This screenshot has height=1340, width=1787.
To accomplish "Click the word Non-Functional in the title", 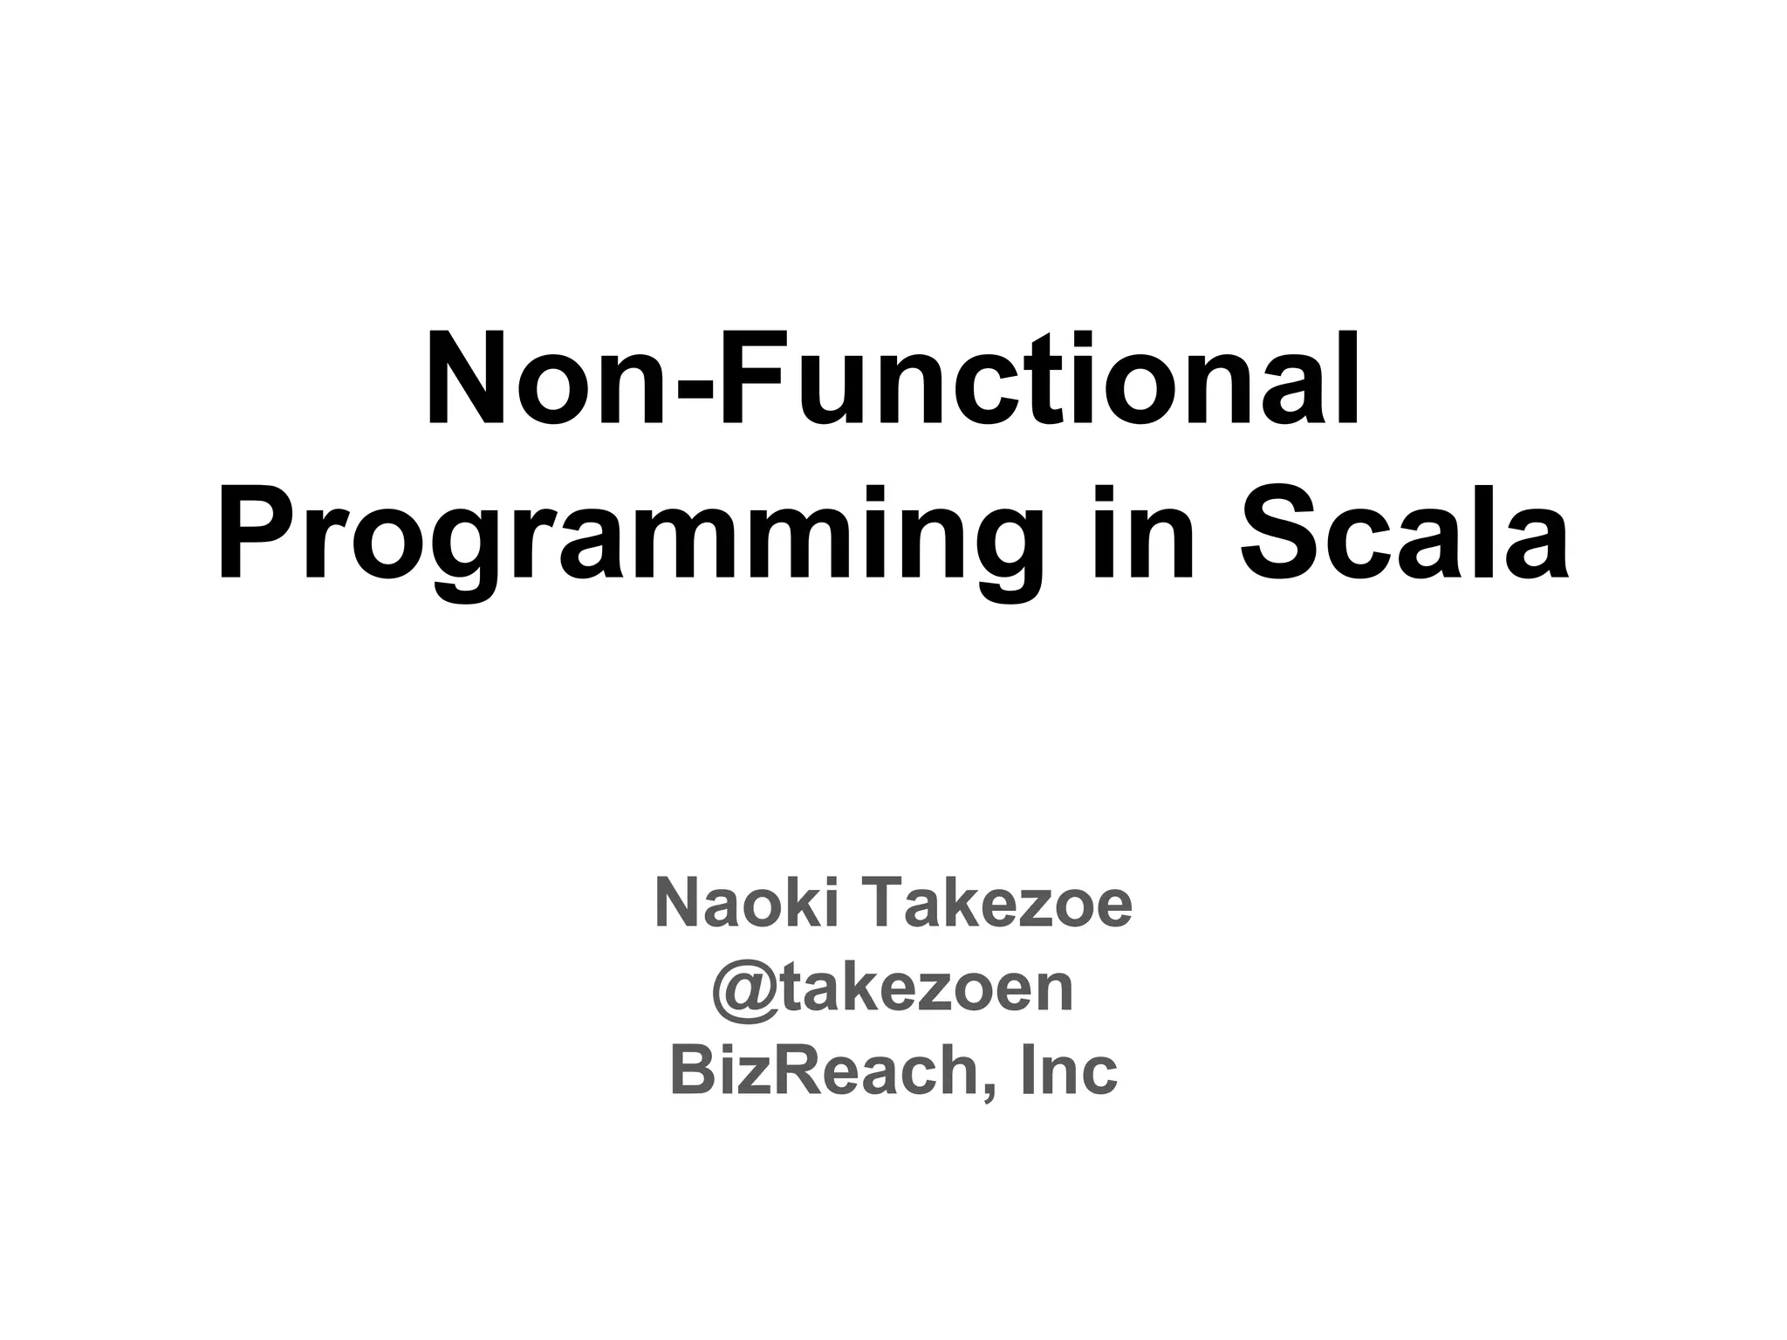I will [x=892, y=380].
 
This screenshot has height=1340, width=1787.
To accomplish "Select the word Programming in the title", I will [x=630, y=534].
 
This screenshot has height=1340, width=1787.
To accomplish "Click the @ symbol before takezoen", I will [x=742, y=989].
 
